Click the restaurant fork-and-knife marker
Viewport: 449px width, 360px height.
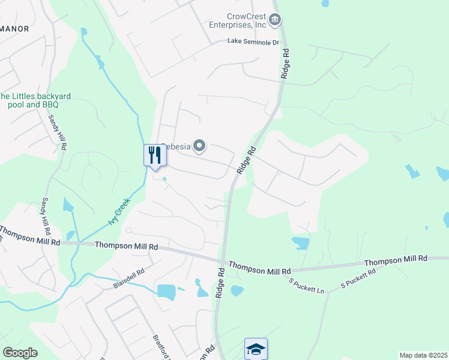(155, 155)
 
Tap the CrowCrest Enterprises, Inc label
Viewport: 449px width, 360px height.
(238, 21)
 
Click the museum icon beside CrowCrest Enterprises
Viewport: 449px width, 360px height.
(275, 20)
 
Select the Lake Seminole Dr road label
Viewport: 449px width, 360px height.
(253, 42)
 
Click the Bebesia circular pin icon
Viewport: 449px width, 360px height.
(200, 146)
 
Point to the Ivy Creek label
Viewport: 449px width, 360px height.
(119, 213)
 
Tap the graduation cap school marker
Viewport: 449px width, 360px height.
(256, 349)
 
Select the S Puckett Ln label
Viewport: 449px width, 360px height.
(306, 286)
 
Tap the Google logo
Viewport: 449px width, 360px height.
(20, 353)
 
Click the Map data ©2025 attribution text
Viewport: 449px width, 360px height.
(423, 355)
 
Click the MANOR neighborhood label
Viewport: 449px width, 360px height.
(14, 28)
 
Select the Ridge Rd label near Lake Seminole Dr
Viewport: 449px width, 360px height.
(285, 64)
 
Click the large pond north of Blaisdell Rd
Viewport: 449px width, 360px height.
(166, 292)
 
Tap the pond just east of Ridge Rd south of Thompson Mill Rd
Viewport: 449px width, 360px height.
(237, 291)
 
